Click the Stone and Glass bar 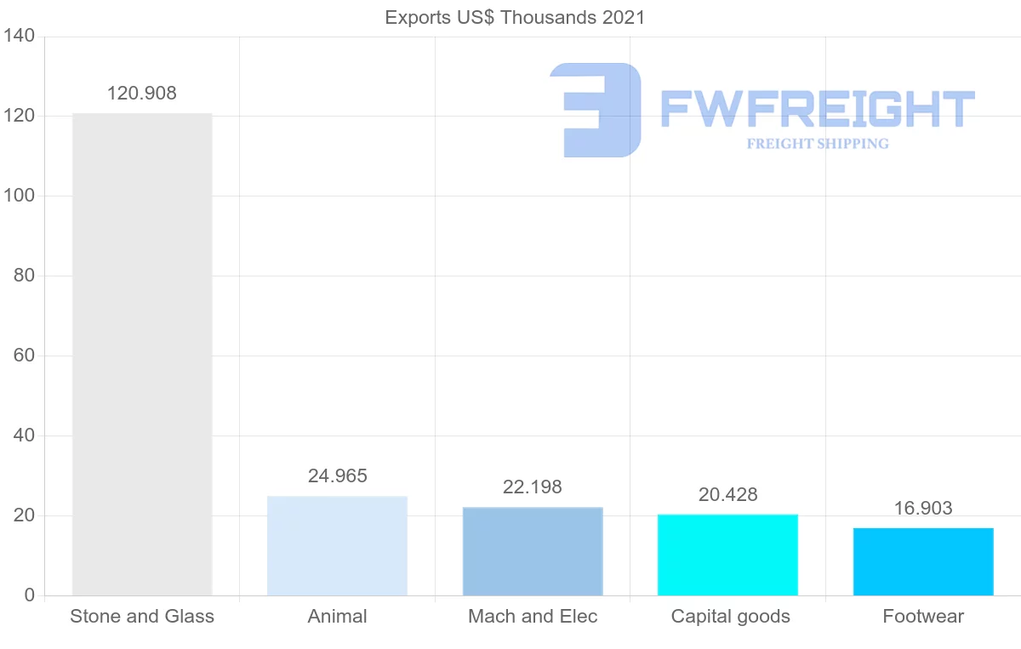tap(142, 354)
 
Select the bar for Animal tap(337, 545)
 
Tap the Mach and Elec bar tap(533, 551)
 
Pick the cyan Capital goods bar tap(727, 555)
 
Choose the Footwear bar tap(923, 561)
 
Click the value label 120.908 tap(142, 94)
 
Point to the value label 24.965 tap(338, 476)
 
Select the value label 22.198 tap(533, 487)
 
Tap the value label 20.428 tap(727, 495)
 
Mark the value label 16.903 tap(923, 509)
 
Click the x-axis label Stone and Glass tap(142, 617)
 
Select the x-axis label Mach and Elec tap(533, 617)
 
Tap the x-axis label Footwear tap(923, 617)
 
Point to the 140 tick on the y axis tap(18, 37)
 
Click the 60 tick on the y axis tap(24, 356)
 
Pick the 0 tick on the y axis tap(30, 595)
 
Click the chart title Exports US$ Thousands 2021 tap(515, 17)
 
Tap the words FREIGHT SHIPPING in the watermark tap(818, 144)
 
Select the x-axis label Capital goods tap(730, 617)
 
